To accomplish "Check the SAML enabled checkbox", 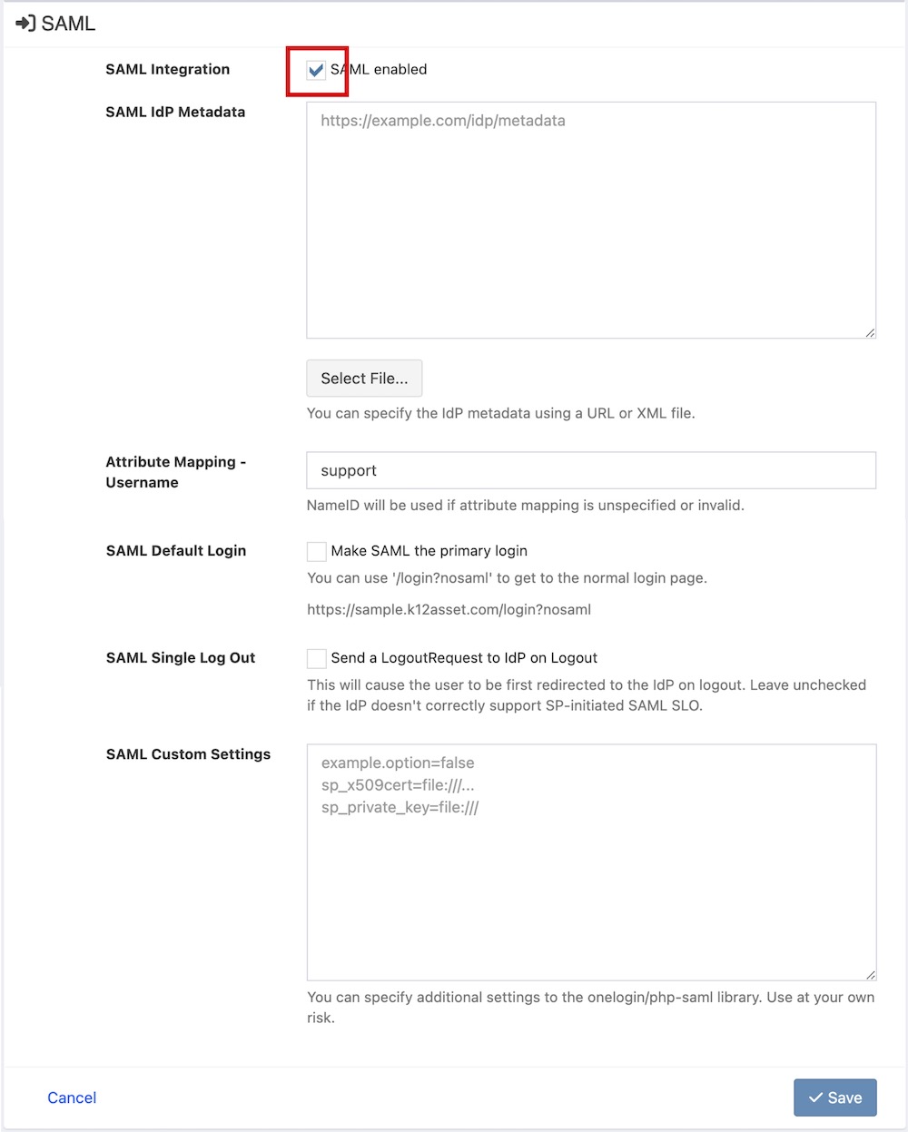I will (316, 70).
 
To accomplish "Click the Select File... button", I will (364, 379).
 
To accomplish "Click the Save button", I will (834, 1098).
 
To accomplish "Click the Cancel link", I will (72, 1098).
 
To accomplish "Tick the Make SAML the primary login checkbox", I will (317, 551).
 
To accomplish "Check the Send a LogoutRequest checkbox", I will (317, 658).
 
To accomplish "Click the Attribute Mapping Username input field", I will (591, 470).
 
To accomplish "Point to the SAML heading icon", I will (25, 24).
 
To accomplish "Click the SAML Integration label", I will (168, 69).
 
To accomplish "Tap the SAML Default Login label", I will (176, 551).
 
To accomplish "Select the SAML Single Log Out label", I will (181, 658).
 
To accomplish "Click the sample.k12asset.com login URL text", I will (449, 610).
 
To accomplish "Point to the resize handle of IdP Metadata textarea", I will (870, 333).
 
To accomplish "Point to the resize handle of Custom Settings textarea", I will (870, 975).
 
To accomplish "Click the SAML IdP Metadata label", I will (175, 112).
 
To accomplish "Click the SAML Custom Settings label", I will (188, 754).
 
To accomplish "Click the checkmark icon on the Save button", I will (815, 1098).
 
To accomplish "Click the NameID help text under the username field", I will (525, 506).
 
